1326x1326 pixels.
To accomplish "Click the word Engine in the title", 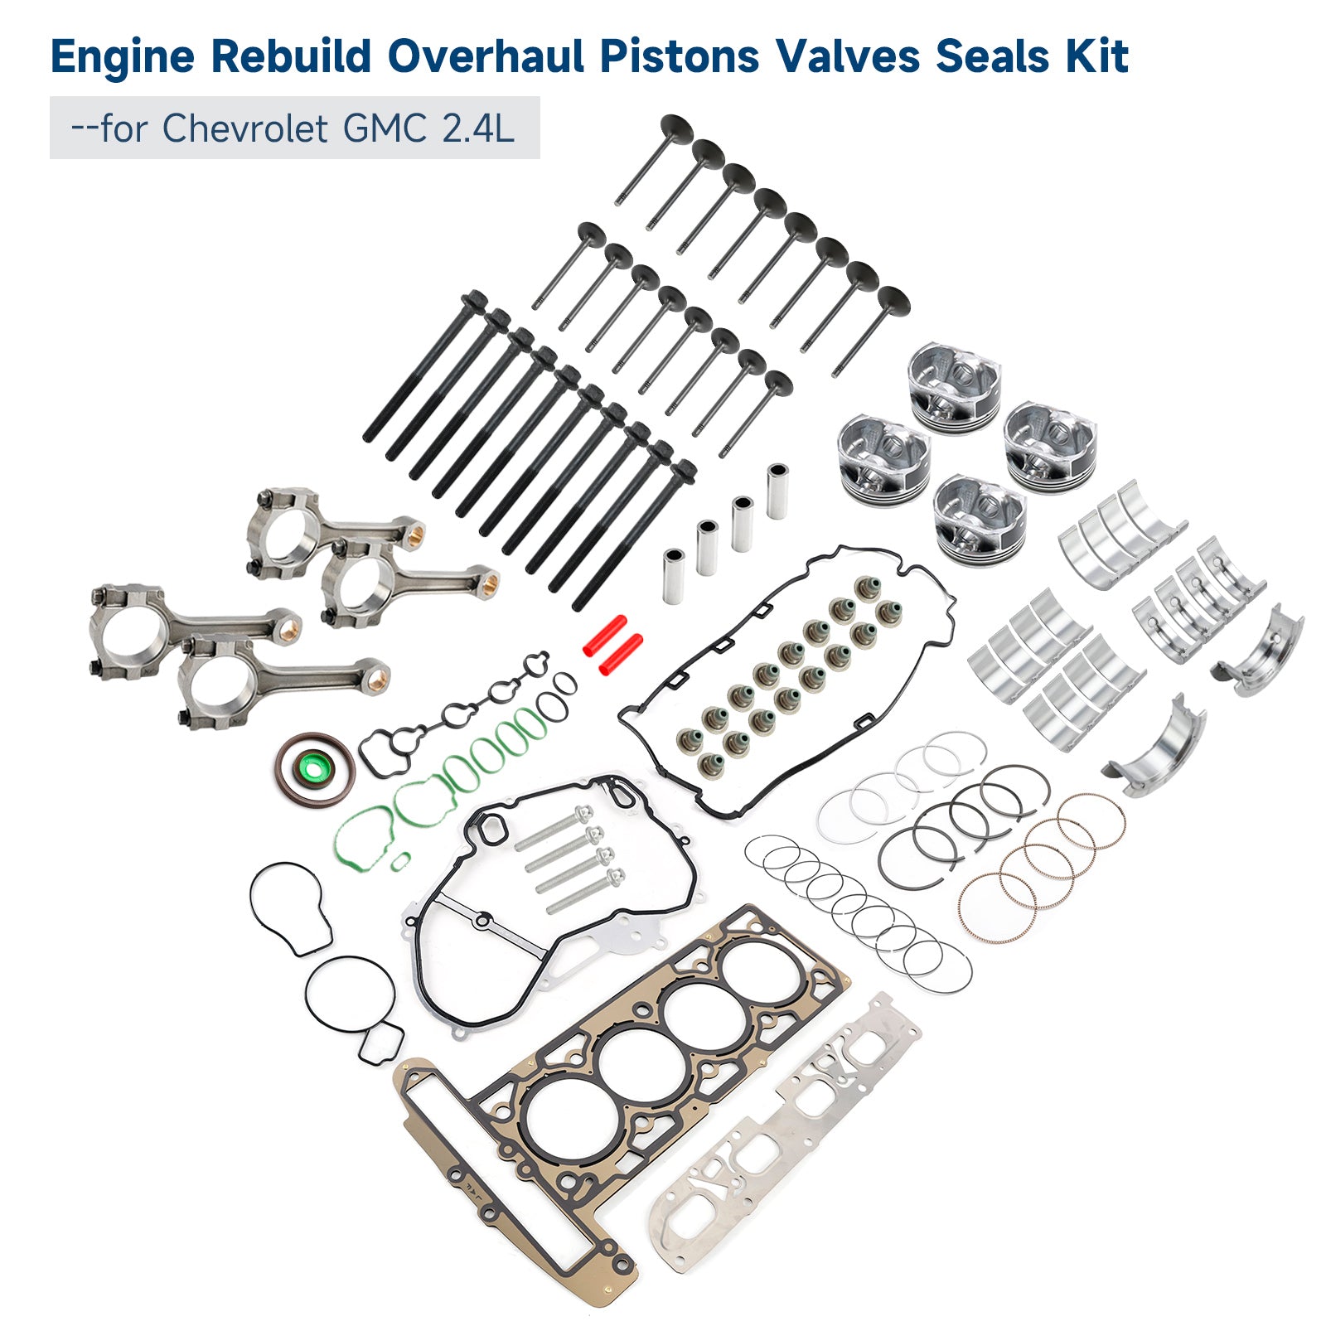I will click(x=123, y=56).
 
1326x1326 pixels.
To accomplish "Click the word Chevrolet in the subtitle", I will click(x=244, y=128).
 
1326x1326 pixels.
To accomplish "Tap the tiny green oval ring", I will click(x=400, y=861).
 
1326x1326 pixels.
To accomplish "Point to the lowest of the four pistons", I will click(x=978, y=518).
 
